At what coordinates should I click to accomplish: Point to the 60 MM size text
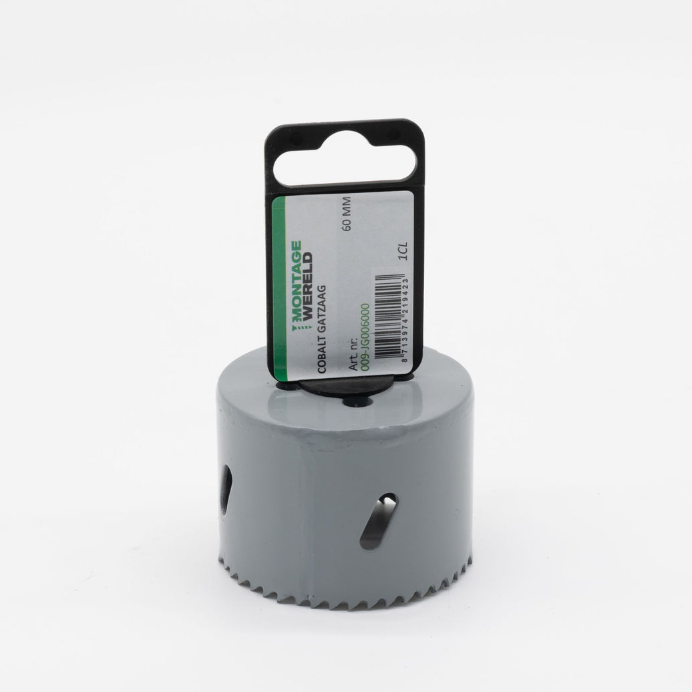pyautogui.click(x=347, y=214)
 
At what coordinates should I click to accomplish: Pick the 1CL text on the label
pyautogui.click(x=403, y=251)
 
